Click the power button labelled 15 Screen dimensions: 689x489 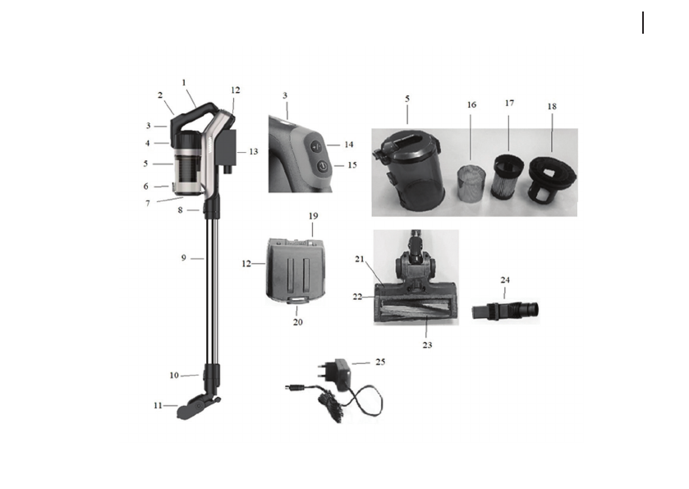pos(323,167)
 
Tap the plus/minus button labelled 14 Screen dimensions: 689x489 pos(316,146)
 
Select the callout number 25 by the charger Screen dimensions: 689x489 pos(380,362)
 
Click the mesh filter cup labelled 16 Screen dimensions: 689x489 pos(472,184)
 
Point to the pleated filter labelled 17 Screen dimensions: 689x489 pos(508,177)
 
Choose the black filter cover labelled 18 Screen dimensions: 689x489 pos(553,179)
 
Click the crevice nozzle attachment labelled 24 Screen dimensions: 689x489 pos(505,310)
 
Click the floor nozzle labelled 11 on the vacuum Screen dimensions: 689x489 pos(196,407)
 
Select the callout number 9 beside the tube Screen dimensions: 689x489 pos(184,258)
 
